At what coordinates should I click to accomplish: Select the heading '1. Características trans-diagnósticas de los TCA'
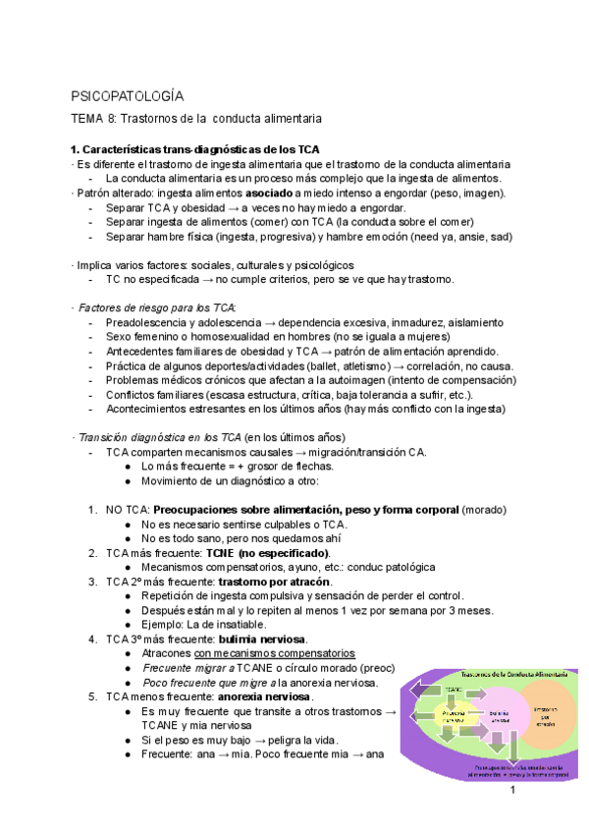(x=195, y=148)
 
